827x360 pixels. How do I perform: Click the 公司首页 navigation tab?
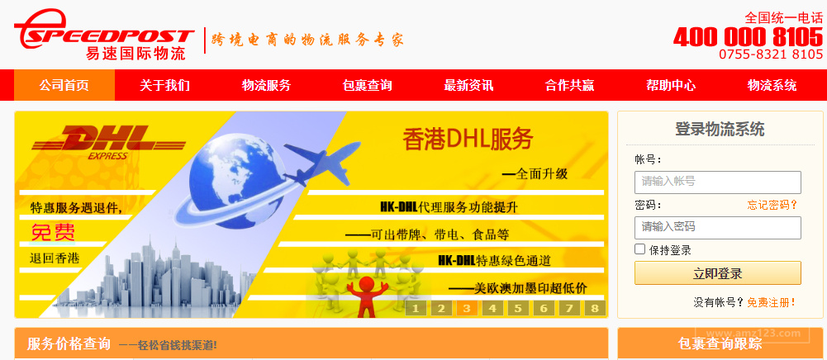point(64,85)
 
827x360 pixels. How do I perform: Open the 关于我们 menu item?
point(164,85)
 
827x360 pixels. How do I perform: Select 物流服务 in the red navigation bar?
point(266,85)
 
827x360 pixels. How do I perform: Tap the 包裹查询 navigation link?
point(367,85)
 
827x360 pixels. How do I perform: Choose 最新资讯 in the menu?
point(468,85)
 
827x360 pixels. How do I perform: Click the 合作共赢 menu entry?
point(569,85)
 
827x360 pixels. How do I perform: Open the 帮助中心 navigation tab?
point(671,85)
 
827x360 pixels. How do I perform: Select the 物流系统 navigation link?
point(772,85)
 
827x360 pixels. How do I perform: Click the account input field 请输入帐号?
point(717,182)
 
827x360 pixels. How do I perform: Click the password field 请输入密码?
point(717,227)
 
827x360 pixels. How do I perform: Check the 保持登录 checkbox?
point(639,249)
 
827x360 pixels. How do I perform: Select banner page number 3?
point(467,309)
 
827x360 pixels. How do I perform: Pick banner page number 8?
point(595,309)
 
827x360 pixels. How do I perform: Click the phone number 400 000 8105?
point(748,37)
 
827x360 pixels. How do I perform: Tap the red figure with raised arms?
point(363,293)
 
